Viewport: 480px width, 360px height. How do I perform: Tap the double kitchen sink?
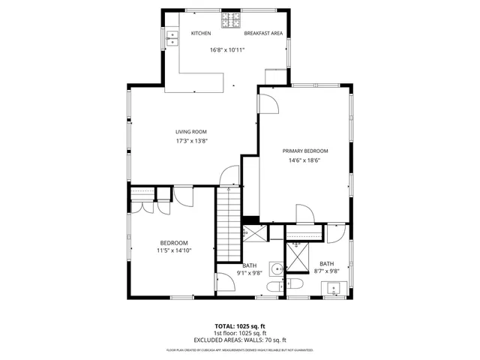(x=172, y=37)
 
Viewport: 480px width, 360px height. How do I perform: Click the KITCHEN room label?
(x=200, y=33)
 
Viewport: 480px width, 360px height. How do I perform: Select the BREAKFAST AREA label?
(x=262, y=33)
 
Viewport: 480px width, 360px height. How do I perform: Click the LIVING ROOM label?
(x=191, y=132)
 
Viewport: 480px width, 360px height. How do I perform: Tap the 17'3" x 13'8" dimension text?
(x=191, y=141)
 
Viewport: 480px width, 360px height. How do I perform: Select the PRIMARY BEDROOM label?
(x=305, y=151)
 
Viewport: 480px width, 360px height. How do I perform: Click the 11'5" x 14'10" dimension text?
(x=174, y=251)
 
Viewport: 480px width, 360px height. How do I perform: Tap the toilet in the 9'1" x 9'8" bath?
(x=293, y=284)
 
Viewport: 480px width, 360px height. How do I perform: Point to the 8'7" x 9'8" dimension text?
(x=327, y=271)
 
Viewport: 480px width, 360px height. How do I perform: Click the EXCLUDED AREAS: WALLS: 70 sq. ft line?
(x=240, y=340)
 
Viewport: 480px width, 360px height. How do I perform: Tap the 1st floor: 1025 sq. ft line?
(x=240, y=333)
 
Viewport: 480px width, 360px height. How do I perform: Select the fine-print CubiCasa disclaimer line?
(x=240, y=349)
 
